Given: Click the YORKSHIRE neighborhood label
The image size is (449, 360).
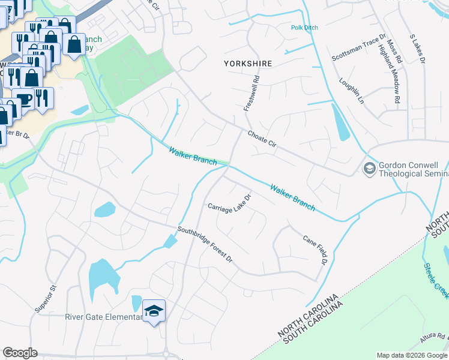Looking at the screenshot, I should [x=248, y=63].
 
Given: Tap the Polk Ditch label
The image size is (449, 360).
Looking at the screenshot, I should [x=304, y=28].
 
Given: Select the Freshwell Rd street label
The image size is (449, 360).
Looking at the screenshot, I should [x=252, y=92].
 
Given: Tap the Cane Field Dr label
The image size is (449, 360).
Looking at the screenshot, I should [x=315, y=249].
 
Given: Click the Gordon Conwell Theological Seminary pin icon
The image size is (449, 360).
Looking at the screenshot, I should [x=369, y=167].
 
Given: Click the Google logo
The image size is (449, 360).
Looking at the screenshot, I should [x=20, y=353].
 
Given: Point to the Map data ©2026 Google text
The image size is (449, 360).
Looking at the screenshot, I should [x=411, y=355].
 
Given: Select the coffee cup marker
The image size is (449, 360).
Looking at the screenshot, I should [x=23, y=98].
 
